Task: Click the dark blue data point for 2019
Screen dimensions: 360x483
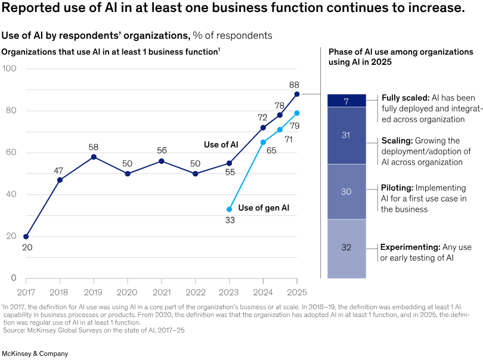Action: tap(94, 157)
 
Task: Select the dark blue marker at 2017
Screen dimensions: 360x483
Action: tap(26, 237)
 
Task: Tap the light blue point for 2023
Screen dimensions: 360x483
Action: tap(229, 209)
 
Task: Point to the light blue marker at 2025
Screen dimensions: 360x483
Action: tap(296, 113)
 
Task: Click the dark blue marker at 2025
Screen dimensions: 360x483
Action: tap(296, 94)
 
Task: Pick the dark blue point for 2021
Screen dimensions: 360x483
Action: tap(161, 161)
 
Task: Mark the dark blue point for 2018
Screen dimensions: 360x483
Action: tap(60, 180)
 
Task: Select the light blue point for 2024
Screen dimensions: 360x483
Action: tap(263, 142)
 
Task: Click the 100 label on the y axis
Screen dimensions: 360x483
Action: tap(10, 69)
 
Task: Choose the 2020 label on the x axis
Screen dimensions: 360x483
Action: tap(128, 292)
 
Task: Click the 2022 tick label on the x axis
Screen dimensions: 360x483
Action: tap(195, 292)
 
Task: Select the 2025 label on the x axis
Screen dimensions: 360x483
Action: tap(296, 292)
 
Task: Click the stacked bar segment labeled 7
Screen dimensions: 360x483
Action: tap(346, 101)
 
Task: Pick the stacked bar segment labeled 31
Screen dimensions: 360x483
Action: tap(346, 135)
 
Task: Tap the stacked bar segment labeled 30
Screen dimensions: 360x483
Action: tap(346, 192)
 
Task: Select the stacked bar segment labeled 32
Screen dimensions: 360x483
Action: tap(346, 249)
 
